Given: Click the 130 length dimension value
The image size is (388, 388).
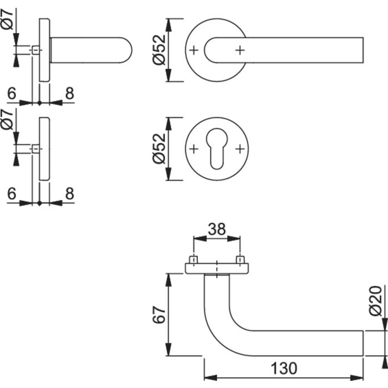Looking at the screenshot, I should click(x=284, y=368).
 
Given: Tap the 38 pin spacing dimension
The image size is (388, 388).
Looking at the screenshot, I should click(x=217, y=228).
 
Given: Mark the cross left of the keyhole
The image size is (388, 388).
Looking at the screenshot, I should click(x=193, y=149).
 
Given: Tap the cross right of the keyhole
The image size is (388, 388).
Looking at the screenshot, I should click(x=239, y=149).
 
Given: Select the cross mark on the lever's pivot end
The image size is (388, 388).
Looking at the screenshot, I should click(x=239, y=50).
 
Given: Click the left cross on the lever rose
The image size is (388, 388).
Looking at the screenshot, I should click(x=193, y=50).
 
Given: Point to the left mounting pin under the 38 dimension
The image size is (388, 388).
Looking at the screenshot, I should click(x=193, y=260).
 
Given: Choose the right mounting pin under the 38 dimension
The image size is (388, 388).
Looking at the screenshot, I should click(x=240, y=260).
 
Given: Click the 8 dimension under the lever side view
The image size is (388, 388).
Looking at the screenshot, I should click(x=69, y=94).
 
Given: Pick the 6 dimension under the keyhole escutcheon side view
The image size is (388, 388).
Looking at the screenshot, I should click(x=12, y=193).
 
